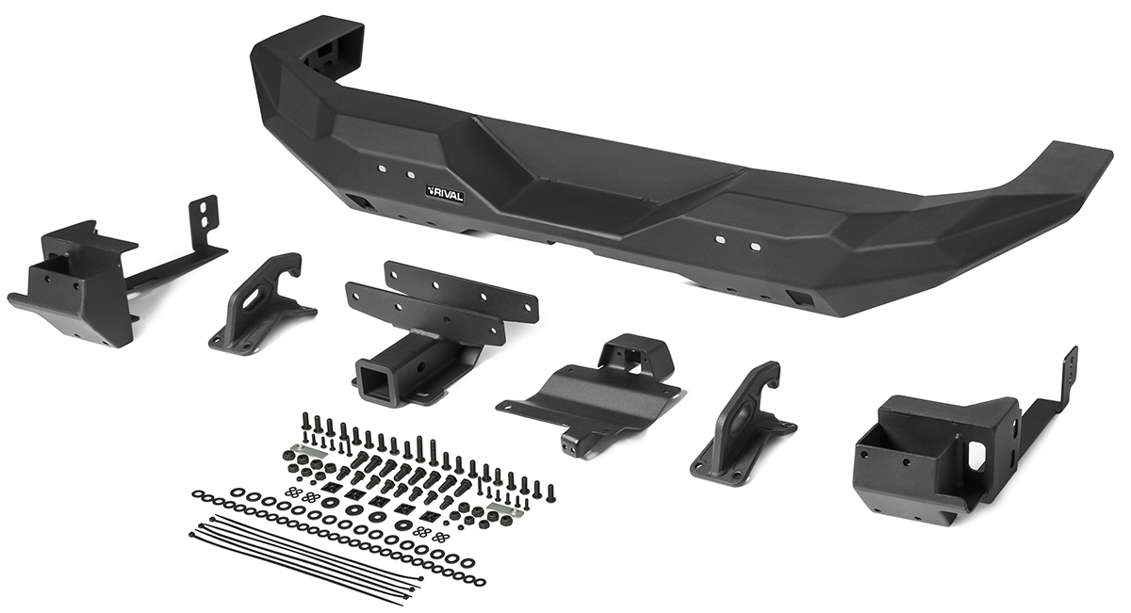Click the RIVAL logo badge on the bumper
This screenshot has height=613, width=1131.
[444, 195]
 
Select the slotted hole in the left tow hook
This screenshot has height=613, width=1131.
[250, 298]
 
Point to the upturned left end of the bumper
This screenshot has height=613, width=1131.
[308, 56]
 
